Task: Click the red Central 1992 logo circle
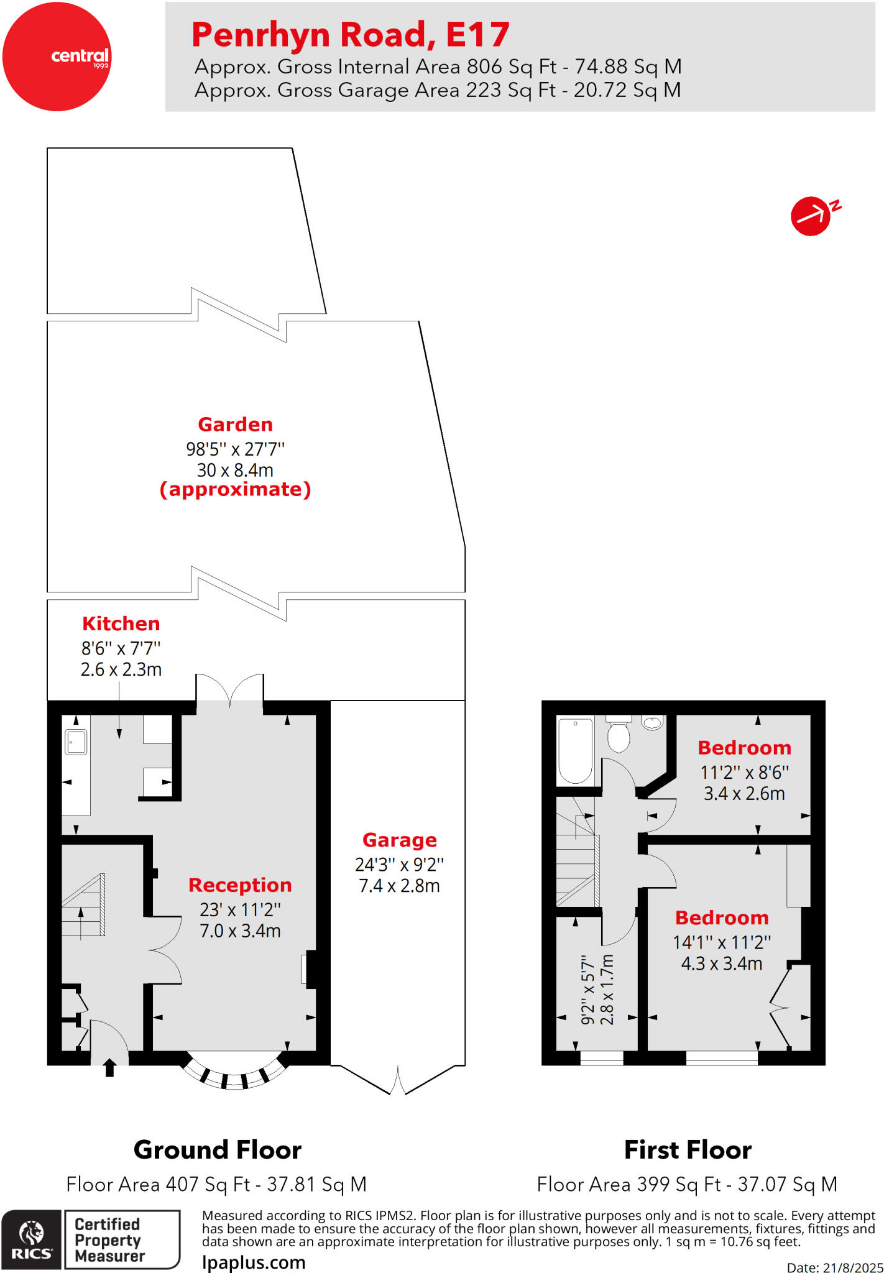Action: point(57,57)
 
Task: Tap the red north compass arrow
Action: point(811,216)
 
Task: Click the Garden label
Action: point(235,425)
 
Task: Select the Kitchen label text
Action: point(121,623)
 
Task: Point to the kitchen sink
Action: point(76,742)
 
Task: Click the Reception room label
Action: point(240,885)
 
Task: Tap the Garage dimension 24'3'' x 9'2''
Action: point(399,865)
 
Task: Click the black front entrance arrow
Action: point(109,1067)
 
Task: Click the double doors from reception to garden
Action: point(230,690)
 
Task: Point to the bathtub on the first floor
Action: point(575,751)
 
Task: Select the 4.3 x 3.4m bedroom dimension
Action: point(721,963)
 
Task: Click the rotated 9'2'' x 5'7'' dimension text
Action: point(588,990)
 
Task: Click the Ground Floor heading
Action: point(218,1150)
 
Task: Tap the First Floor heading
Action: point(688,1150)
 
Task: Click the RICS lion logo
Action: point(32,1239)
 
